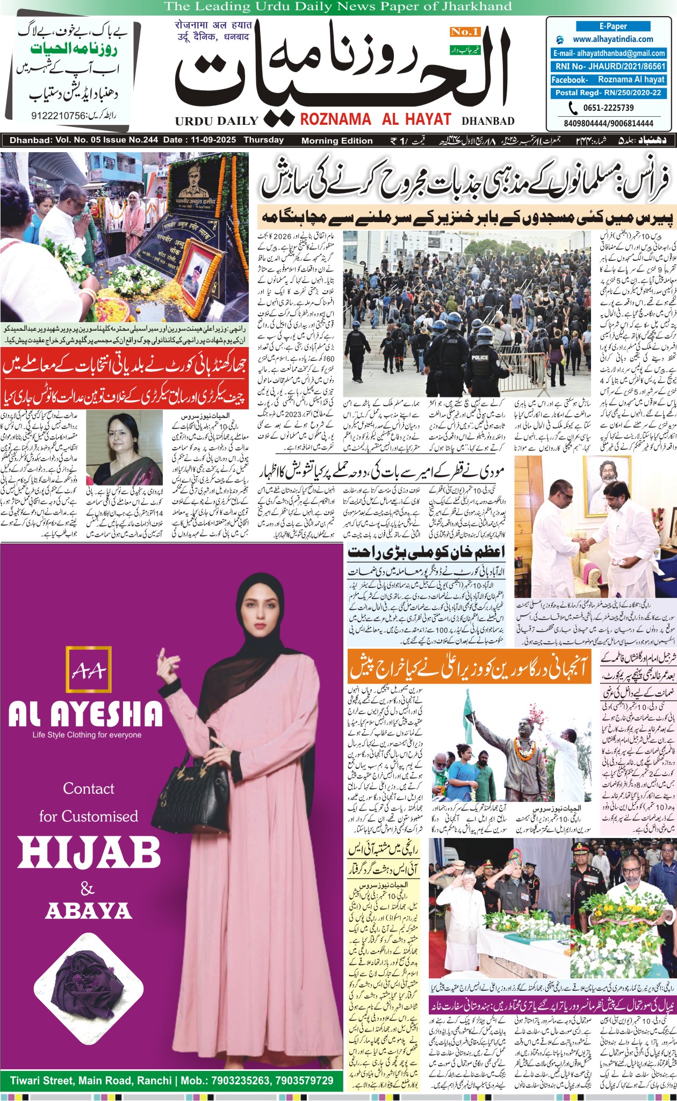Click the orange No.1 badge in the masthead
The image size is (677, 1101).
(x=465, y=32)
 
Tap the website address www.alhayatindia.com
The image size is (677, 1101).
(x=613, y=39)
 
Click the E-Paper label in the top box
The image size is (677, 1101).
(x=613, y=26)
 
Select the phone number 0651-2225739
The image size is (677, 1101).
(x=608, y=108)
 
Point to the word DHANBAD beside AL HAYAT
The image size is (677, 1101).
(x=488, y=121)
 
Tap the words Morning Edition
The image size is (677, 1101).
(x=337, y=141)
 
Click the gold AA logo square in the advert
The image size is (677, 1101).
(x=89, y=669)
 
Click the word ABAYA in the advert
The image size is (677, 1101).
(x=89, y=911)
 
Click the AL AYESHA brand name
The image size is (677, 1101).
(x=86, y=713)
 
